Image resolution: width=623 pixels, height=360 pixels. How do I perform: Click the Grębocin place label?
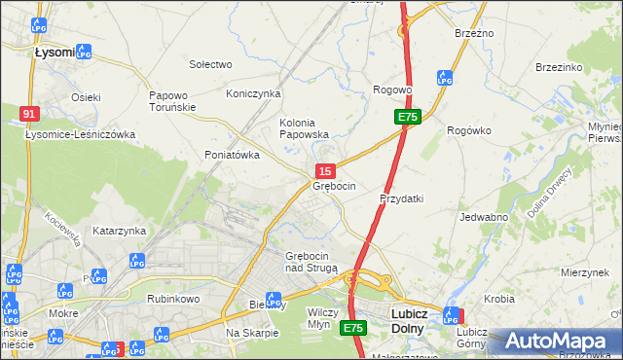pyautogui.click(x=334, y=186)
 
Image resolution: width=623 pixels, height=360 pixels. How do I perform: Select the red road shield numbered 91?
pyautogui.click(x=29, y=114)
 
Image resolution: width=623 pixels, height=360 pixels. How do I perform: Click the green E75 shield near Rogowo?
pyautogui.click(x=407, y=117)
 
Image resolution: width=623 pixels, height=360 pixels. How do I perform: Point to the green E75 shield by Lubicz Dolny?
pyautogui.click(x=353, y=329)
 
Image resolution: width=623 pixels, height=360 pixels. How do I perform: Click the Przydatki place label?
pyautogui.click(x=401, y=198)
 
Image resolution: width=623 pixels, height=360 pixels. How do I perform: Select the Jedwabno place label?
pyautogui.click(x=484, y=217)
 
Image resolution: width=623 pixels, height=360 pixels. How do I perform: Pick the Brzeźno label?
pyautogui.click(x=474, y=33)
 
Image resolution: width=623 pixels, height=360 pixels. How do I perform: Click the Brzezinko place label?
pyautogui.click(x=559, y=67)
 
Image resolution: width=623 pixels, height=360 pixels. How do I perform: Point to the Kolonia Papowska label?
pyautogui.click(x=304, y=128)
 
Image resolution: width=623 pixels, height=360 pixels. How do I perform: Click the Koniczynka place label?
pyautogui.click(x=253, y=93)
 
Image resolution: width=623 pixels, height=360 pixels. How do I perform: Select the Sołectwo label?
pyautogui.click(x=210, y=64)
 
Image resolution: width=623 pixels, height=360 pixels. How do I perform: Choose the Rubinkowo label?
pyautogui.click(x=172, y=299)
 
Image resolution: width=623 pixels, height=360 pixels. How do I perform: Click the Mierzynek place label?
pyautogui.click(x=584, y=272)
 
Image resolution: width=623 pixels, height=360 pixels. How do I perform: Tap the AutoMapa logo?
pyautogui.click(x=560, y=342)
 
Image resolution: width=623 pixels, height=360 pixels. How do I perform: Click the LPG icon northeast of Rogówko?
pyautogui.click(x=445, y=77)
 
